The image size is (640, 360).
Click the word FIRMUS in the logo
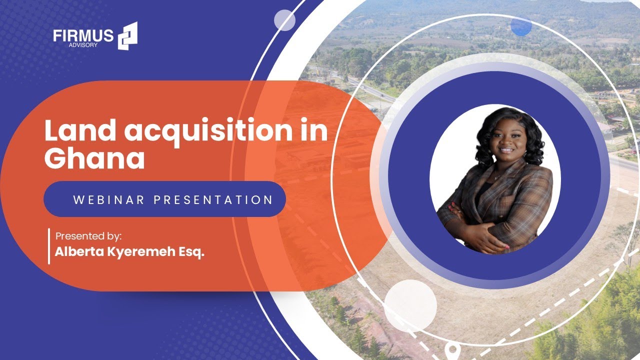[83, 36]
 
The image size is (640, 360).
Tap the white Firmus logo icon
[127, 36]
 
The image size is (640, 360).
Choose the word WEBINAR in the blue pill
[108, 200]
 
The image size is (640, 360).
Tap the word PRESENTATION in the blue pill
[213, 200]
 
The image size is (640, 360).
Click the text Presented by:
[88, 235]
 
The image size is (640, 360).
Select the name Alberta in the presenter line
[78, 252]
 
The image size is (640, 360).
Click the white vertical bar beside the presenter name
[49, 245]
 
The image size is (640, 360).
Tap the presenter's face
[506, 142]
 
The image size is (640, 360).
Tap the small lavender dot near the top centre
[284, 20]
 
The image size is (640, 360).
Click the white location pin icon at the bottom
[453, 349]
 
